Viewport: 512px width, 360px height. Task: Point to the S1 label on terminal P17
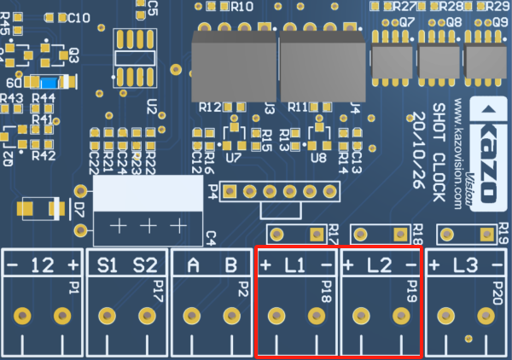[107, 264]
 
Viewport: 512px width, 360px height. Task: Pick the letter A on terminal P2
[193, 264]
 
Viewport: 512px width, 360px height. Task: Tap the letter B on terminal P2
[230, 264]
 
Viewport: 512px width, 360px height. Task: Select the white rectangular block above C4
[148, 194]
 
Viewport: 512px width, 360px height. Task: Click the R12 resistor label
[209, 107]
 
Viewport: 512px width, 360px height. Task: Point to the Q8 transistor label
[452, 21]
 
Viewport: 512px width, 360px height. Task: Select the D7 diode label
[79, 210]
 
